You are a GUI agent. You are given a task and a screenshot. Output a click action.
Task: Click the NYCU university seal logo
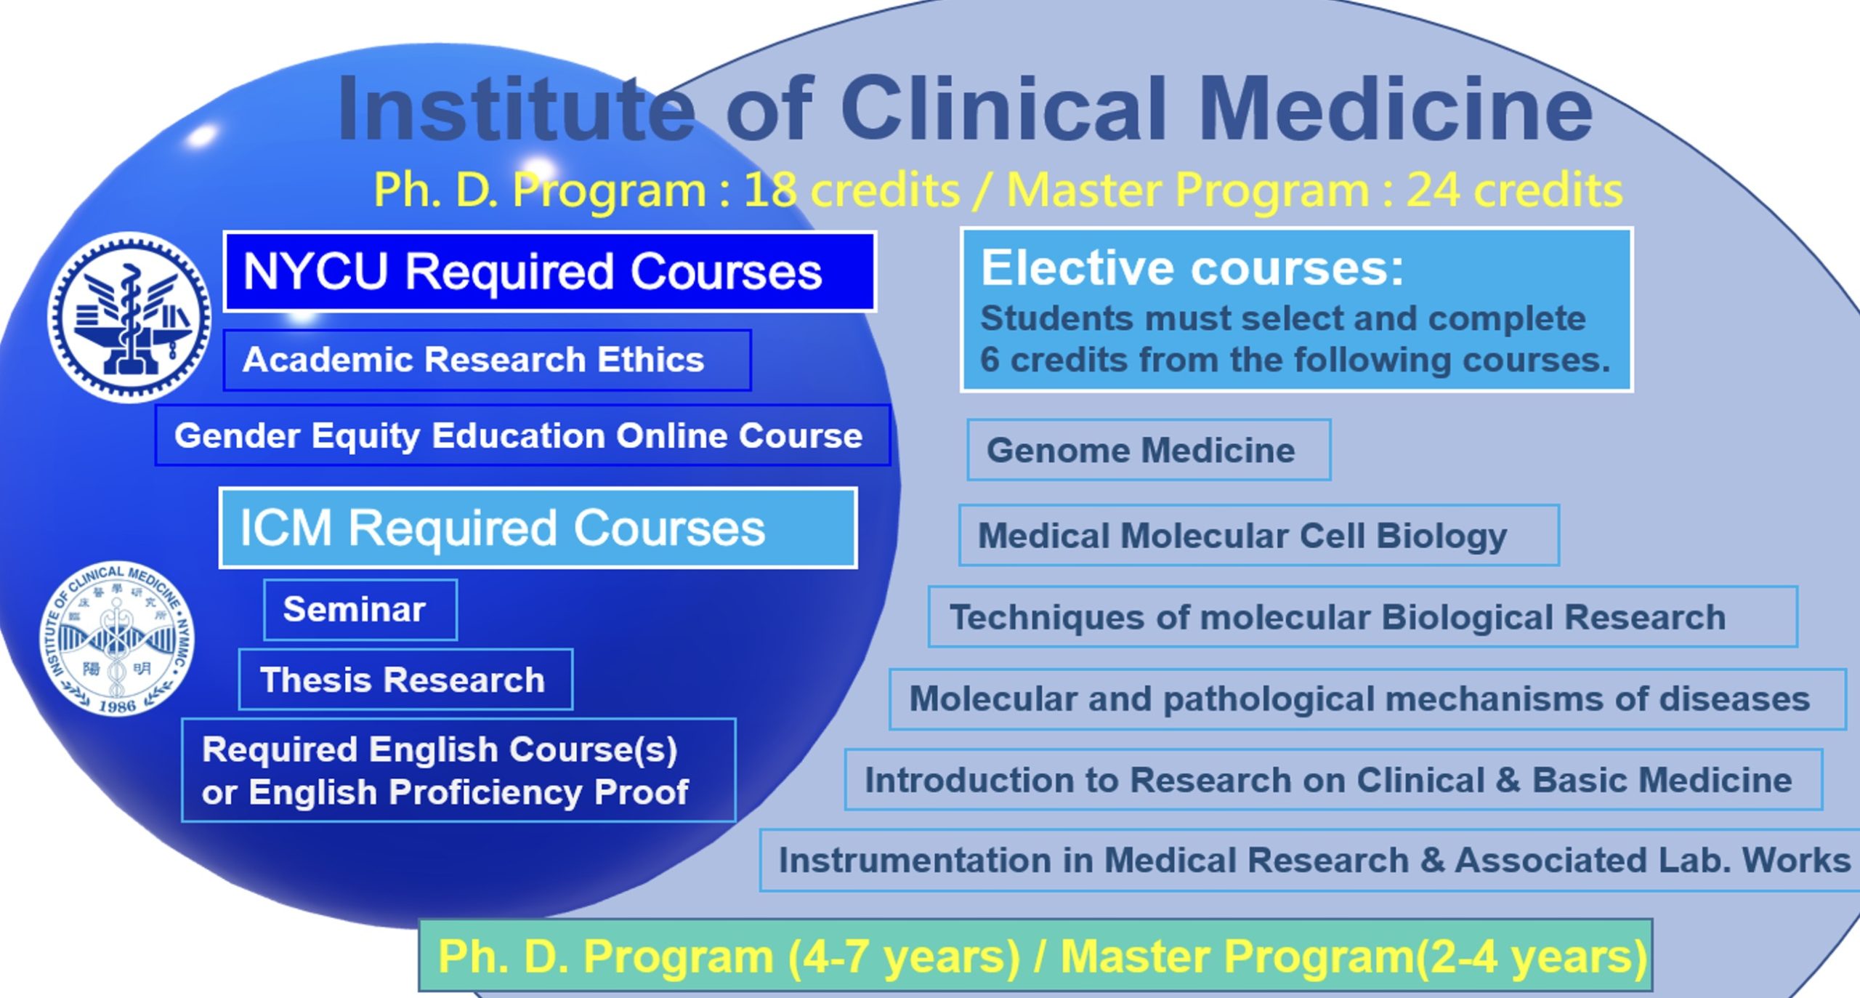(129, 317)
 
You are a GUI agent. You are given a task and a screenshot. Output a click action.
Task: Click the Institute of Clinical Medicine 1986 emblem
(117, 637)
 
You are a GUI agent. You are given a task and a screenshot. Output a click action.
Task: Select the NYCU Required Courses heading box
(549, 272)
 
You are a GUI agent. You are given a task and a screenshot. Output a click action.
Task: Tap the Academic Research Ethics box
(487, 360)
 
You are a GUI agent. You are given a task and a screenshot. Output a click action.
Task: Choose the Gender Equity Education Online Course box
(522, 435)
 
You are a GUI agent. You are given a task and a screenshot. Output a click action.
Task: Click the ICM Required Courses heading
(538, 528)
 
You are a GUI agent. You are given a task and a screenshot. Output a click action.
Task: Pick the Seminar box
(360, 610)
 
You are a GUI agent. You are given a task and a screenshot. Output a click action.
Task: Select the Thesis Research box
(405, 680)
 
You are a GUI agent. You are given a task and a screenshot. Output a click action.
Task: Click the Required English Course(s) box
(458, 770)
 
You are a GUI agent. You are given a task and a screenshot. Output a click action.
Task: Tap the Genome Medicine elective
(1149, 450)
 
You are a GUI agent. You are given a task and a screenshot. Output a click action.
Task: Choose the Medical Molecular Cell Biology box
(1259, 535)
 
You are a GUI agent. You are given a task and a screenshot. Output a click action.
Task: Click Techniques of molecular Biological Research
(1363, 617)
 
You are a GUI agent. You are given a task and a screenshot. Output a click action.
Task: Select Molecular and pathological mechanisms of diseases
(1368, 699)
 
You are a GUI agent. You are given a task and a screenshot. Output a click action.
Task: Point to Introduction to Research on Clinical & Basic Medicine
(1334, 780)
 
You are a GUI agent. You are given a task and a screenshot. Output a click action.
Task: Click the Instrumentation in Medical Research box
(1310, 861)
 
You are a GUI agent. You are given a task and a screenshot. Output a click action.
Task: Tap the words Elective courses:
(1192, 267)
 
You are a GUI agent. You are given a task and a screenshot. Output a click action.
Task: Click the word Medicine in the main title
(1395, 109)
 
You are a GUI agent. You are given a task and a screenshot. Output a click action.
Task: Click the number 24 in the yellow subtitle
(1432, 190)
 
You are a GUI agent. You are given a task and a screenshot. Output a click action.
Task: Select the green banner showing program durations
(1036, 955)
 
